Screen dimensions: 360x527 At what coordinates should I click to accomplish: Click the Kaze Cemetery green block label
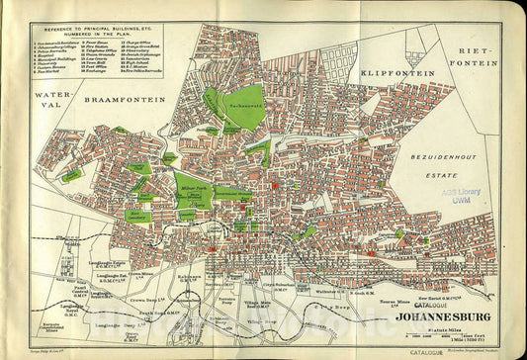click(x=140, y=212)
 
